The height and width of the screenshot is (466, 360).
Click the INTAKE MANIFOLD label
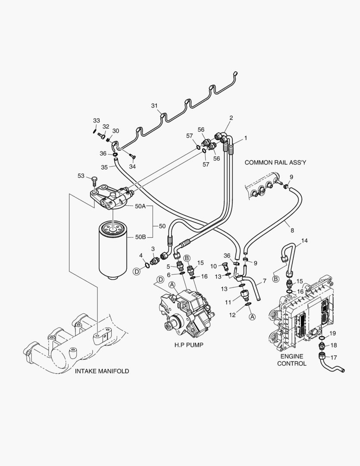(x=102, y=371)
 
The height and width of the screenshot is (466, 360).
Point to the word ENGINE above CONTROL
(x=291, y=356)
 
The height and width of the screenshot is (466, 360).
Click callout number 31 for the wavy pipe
(x=155, y=106)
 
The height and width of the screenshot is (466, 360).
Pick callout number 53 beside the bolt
(x=81, y=176)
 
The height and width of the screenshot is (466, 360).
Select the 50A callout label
(x=140, y=206)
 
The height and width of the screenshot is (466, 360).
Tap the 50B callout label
(x=140, y=237)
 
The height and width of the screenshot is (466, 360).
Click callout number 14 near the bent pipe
(x=304, y=240)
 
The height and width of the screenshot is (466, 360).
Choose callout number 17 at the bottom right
(x=333, y=357)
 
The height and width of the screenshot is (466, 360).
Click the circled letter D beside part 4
(x=137, y=271)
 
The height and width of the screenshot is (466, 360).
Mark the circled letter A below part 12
(x=252, y=316)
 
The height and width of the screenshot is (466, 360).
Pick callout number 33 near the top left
(x=96, y=120)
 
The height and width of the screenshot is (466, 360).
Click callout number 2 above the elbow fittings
(x=231, y=118)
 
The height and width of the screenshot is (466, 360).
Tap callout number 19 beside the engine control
(x=333, y=334)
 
